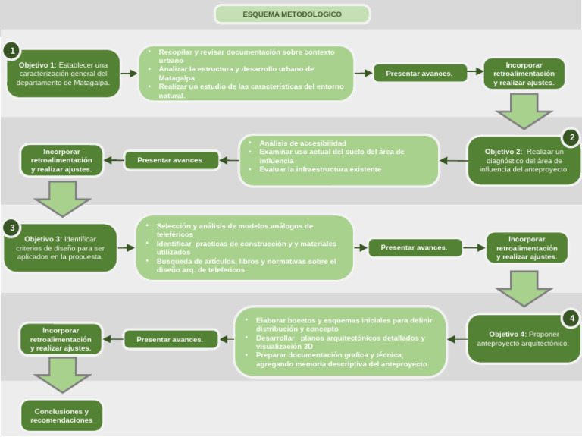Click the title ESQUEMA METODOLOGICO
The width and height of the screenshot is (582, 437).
pos(292,14)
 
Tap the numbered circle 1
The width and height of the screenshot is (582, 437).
pos(11,51)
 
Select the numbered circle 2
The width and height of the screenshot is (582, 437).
pos(571,137)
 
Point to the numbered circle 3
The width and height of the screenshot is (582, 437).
pos(11,228)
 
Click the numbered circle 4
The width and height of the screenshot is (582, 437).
pos(571,318)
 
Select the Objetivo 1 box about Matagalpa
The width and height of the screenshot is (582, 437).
pos(64,74)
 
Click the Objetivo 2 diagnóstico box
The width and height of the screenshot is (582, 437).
pos(524,161)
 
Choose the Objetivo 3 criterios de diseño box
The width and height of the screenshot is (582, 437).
pos(61,248)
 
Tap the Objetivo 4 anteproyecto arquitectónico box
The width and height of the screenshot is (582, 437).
pos(523,338)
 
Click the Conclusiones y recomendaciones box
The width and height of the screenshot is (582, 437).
pos(61,416)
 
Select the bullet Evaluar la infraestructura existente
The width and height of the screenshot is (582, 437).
pos(309,169)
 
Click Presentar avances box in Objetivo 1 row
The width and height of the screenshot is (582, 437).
pos(419,73)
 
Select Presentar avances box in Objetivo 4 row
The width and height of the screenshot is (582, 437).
pos(170,339)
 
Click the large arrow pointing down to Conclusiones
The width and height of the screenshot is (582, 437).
pos(61,375)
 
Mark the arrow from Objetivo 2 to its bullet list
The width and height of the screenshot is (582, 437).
pos(453,161)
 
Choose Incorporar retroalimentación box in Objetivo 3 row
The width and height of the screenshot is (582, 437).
pos(527,248)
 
